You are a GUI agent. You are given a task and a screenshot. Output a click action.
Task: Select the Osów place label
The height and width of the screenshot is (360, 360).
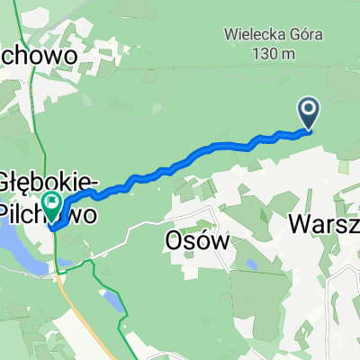coord(193,240)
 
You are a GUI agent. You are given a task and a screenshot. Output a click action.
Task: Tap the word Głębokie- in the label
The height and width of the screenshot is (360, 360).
coord(49,179)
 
